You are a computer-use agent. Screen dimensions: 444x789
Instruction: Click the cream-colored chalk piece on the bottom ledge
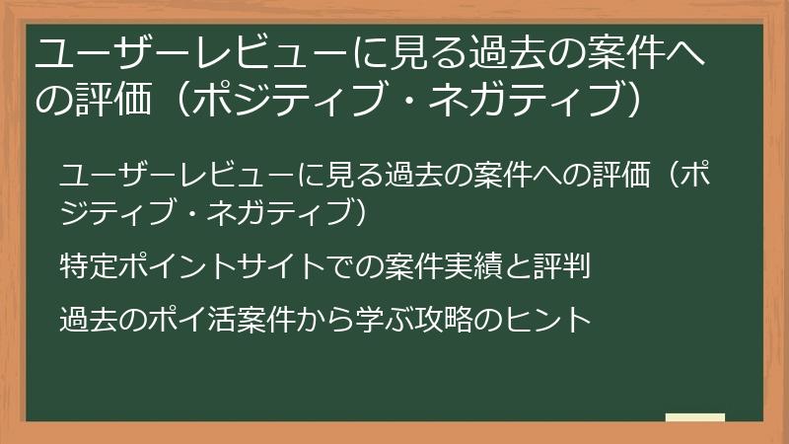pos(695,418)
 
